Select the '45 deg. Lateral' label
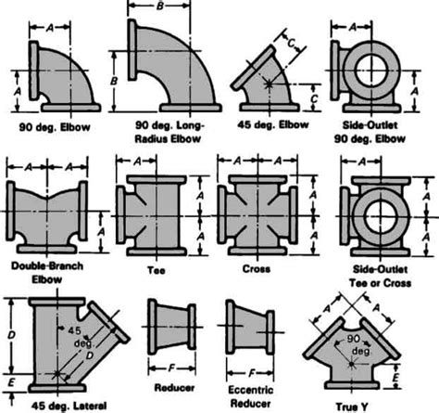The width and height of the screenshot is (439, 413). pyautogui.click(x=52, y=405)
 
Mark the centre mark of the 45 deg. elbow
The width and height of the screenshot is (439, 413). pyautogui.click(x=268, y=84)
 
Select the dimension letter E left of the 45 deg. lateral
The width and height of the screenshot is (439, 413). pyautogui.click(x=7, y=380)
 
